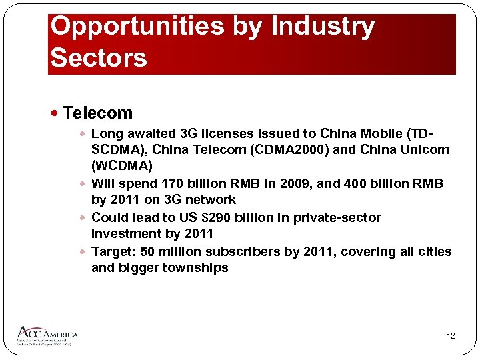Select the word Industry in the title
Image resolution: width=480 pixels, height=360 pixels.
coord(323,26)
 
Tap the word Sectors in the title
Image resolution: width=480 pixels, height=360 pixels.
coord(99,57)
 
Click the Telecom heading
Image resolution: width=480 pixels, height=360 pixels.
coord(98,113)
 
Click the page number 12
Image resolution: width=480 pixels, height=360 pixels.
coord(451,336)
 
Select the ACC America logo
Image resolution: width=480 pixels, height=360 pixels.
coord(47,335)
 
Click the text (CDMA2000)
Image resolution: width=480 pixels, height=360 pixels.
coord(293,149)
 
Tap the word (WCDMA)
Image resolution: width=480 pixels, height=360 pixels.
coord(122,165)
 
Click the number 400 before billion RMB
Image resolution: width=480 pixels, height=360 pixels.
coord(346,183)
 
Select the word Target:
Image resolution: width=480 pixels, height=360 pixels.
coord(113,251)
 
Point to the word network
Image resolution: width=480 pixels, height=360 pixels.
coord(211,199)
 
